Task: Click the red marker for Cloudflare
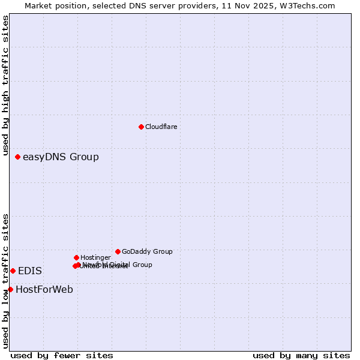(141, 127)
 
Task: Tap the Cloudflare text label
(161, 127)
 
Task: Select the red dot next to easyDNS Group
(17, 157)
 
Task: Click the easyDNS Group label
(61, 157)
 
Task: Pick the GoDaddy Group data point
(118, 251)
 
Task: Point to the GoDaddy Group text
(147, 251)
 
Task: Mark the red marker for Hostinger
(76, 257)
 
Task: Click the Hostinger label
(95, 257)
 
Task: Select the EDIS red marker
(13, 271)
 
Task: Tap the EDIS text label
(30, 271)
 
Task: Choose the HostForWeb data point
(10, 289)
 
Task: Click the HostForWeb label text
(44, 290)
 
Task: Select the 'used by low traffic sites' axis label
(5, 281)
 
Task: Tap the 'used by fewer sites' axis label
(62, 355)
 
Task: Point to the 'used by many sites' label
(301, 355)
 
